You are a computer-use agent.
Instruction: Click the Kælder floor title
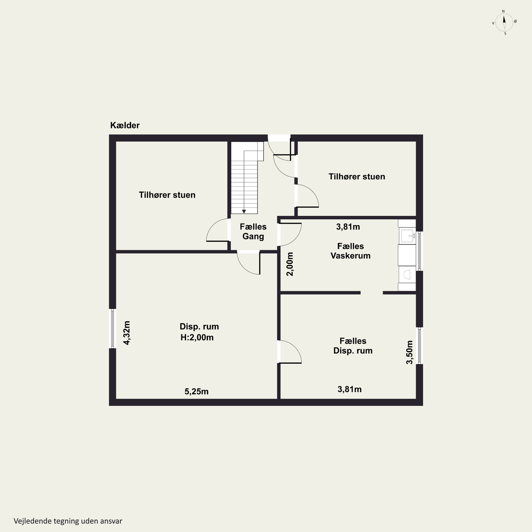click(x=125, y=125)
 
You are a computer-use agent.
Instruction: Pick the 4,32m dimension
click(x=127, y=333)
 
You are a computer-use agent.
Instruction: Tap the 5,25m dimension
click(x=196, y=392)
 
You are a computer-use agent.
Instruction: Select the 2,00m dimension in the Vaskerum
click(x=290, y=264)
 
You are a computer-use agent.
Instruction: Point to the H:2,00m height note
click(x=197, y=337)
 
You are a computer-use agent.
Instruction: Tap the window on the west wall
click(x=112, y=328)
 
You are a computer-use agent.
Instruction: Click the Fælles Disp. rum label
click(x=353, y=346)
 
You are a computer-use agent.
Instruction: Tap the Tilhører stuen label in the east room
click(x=357, y=176)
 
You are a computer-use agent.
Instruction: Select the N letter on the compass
click(x=503, y=11)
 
